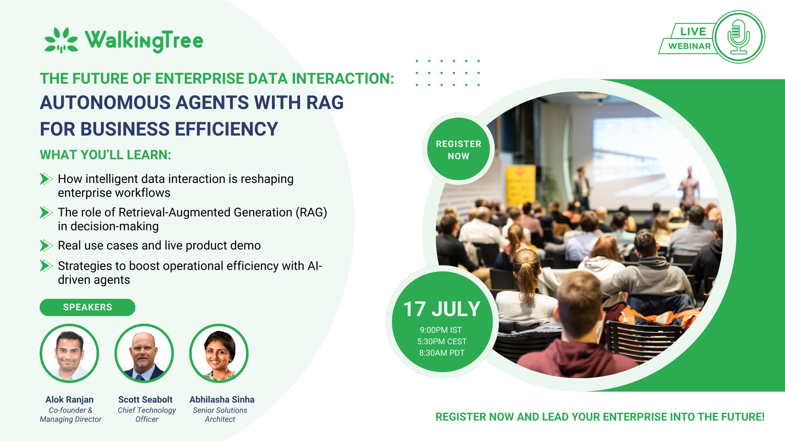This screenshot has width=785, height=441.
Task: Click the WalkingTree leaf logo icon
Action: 61,40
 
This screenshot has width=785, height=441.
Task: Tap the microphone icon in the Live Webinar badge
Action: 738,37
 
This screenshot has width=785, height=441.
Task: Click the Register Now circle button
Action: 458,149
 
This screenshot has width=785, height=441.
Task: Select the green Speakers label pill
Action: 87,307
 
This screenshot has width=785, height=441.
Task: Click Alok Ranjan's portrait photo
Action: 69,353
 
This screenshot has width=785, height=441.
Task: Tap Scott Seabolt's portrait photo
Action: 144,353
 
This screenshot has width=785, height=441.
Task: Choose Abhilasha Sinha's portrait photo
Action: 219,353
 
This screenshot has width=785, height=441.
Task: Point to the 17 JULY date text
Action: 442,309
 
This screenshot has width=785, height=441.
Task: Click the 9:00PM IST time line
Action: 441,330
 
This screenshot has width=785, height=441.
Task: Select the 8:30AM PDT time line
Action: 442,353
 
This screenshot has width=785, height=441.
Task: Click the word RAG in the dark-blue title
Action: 325,102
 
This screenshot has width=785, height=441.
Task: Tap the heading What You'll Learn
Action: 105,155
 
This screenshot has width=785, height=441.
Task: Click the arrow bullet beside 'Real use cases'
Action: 46,245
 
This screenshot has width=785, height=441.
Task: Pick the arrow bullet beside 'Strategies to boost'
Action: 46,266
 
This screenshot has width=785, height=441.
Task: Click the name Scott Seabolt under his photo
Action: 145,399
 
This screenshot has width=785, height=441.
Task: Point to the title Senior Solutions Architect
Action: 220,414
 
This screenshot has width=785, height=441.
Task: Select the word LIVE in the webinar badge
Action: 693,31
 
